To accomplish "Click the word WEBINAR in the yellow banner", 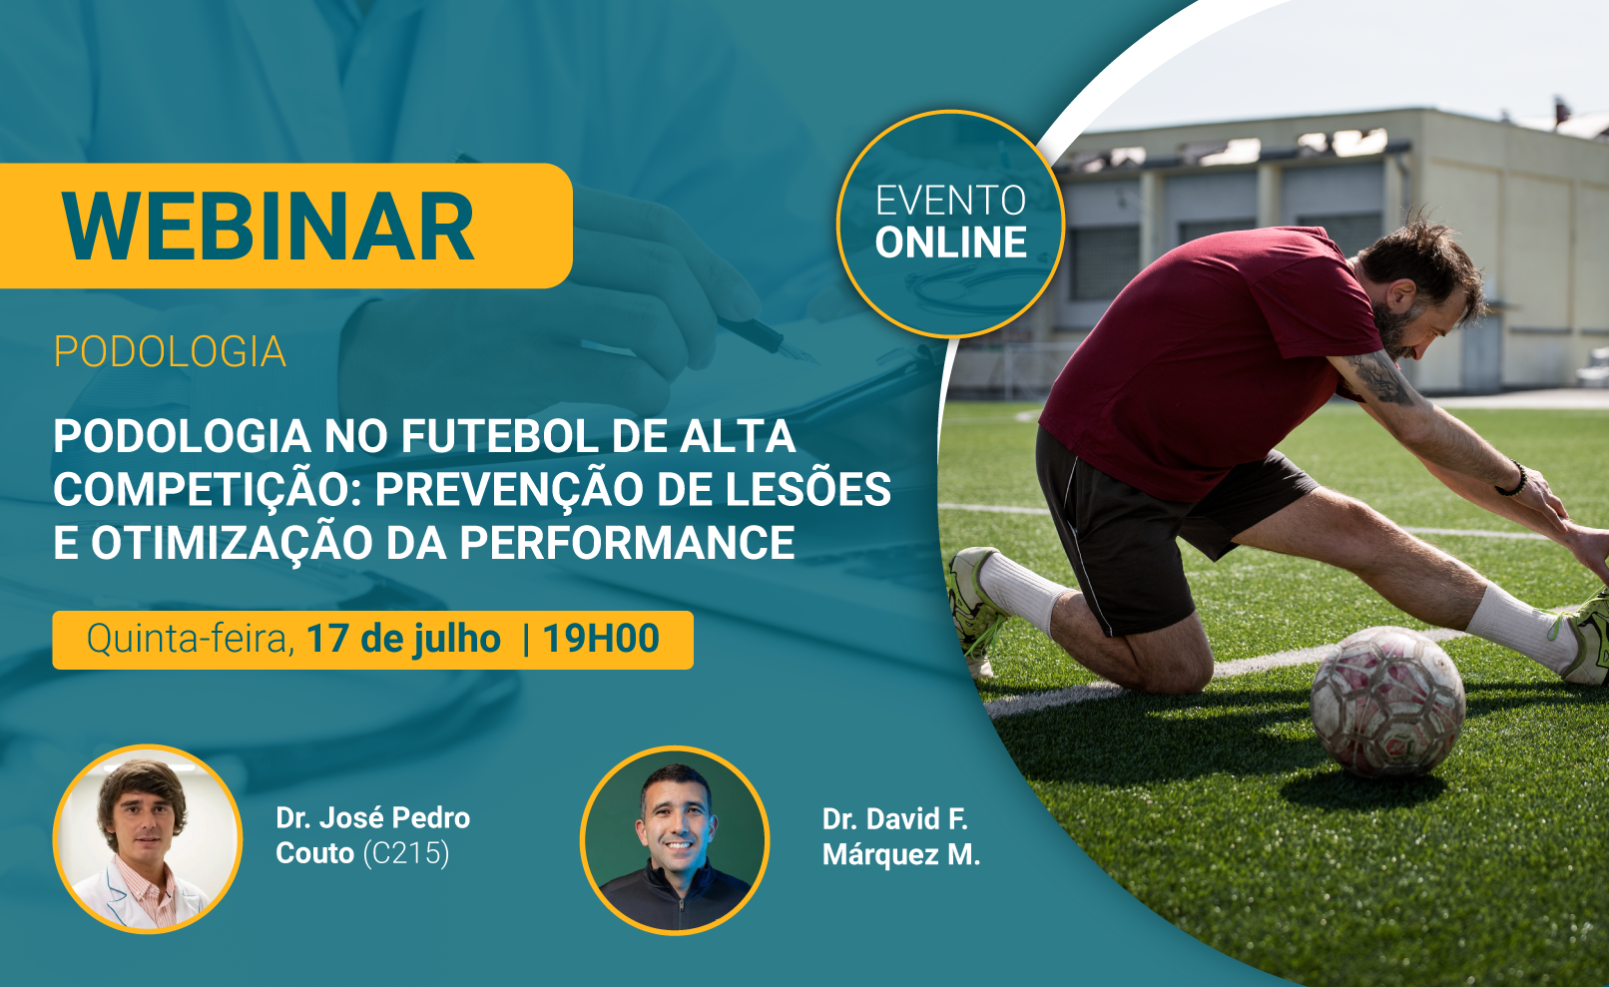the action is [x=268, y=227].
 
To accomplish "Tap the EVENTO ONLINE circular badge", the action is [x=950, y=224].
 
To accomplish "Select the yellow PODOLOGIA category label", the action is [x=171, y=351].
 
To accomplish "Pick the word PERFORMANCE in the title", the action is [x=627, y=542].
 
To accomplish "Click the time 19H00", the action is [x=601, y=639].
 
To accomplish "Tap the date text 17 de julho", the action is [x=403, y=639].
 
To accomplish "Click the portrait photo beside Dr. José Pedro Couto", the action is [x=148, y=839].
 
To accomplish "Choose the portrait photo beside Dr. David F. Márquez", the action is [x=675, y=840].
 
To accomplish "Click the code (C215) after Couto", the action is [x=406, y=853].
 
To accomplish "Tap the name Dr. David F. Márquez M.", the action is [x=900, y=837].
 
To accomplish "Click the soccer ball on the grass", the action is [x=1387, y=702].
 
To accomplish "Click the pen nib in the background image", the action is [x=799, y=351].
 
